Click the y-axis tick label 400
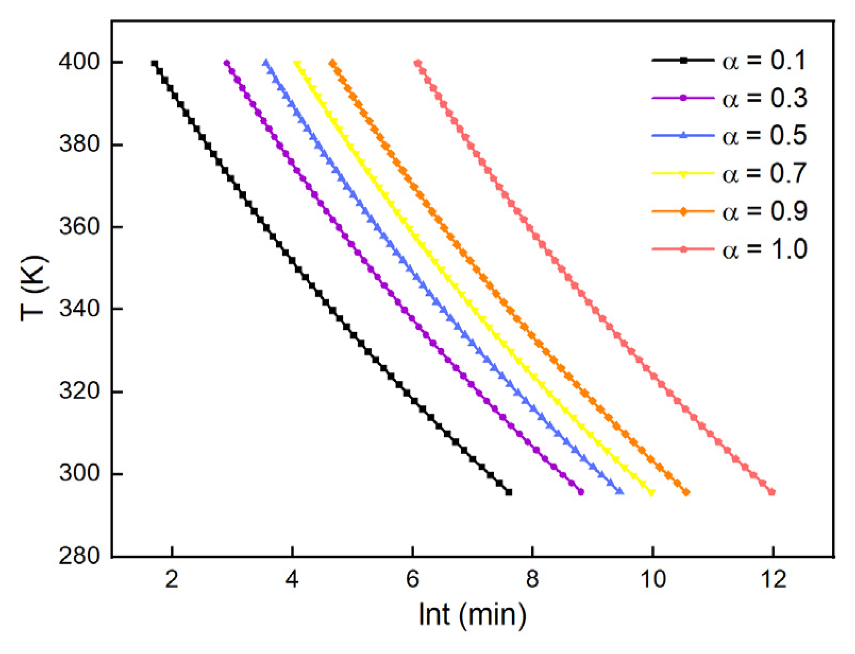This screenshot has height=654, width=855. point(79,62)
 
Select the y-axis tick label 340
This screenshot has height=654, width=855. point(79,309)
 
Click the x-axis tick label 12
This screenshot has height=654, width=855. point(773,580)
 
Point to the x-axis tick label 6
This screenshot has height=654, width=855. point(412,580)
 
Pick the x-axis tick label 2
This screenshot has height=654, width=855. point(172,580)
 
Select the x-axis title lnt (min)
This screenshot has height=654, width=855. point(472,615)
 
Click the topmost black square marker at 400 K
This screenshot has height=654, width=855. point(154,64)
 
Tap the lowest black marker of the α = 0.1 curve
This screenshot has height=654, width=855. point(509,492)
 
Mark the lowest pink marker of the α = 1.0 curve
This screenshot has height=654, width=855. point(772,492)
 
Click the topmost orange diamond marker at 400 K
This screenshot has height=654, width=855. point(333,63)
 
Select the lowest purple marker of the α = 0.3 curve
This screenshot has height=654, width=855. point(581,492)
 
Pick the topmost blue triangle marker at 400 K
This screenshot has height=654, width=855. point(265,63)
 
